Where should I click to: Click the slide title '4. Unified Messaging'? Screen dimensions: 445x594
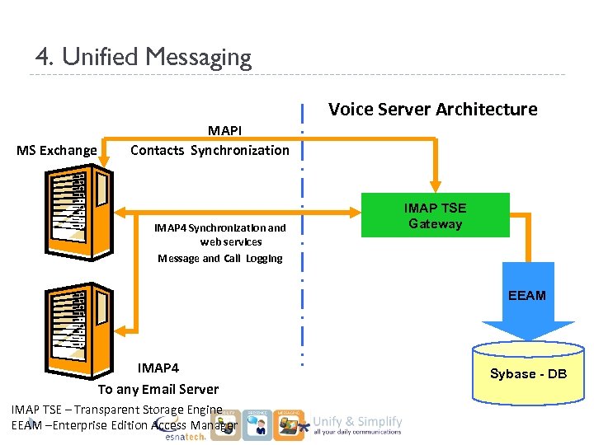click(143, 57)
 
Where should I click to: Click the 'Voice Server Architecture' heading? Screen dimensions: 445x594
click(432, 110)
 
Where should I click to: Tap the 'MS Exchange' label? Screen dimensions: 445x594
click(56, 150)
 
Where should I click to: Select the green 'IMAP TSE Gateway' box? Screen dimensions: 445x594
click(435, 216)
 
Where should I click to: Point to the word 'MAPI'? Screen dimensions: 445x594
click(224, 131)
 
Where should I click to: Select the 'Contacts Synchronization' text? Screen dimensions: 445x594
click(210, 150)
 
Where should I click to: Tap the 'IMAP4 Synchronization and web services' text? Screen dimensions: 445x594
click(220, 234)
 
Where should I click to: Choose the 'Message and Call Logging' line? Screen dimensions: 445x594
click(220, 258)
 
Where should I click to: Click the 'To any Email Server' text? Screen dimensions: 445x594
click(158, 389)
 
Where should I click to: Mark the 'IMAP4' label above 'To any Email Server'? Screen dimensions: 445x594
click(158, 368)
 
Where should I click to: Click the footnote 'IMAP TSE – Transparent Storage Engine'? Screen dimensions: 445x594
click(116, 410)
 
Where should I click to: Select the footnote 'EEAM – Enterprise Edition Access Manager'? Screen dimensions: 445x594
click(124, 425)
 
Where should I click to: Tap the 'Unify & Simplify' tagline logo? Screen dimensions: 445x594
click(358, 424)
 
